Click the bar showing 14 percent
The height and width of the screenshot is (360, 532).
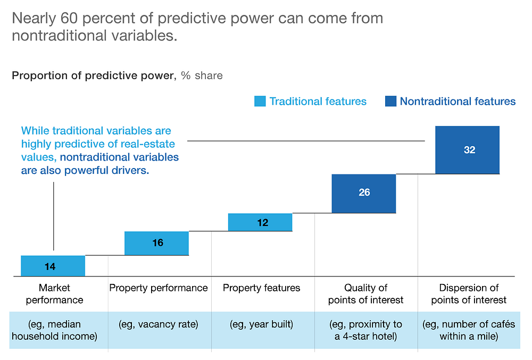click(53, 266)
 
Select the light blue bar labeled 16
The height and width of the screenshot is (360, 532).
click(156, 243)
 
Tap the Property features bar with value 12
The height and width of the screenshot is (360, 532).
click(260, 222)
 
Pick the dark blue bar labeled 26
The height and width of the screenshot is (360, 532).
click(364, 194)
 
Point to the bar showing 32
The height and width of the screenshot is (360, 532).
click(467, 150)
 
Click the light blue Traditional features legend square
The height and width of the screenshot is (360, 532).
click(260, 101)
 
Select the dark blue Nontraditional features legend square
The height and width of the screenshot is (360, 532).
click(390, 101)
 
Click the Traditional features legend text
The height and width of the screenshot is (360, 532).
click(318, 102)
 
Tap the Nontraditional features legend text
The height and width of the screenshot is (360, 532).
click(458, 102)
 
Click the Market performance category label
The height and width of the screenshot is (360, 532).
click(54, 294)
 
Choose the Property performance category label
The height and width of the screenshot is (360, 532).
click(159, 288)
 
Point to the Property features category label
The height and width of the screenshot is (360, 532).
click(262, 288)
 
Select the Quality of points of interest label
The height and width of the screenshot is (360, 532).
click(366, 294)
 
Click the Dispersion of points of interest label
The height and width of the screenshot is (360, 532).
click(469, 294)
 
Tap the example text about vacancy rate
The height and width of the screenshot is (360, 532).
click(159, 324)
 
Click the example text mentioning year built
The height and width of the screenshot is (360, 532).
click(262, 324)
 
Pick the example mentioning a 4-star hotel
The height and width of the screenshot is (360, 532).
click(366, 330)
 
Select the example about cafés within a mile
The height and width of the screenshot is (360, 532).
click(469, 330)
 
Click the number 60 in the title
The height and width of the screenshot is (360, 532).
click(69, 18)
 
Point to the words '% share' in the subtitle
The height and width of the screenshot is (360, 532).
click(202, 76)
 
